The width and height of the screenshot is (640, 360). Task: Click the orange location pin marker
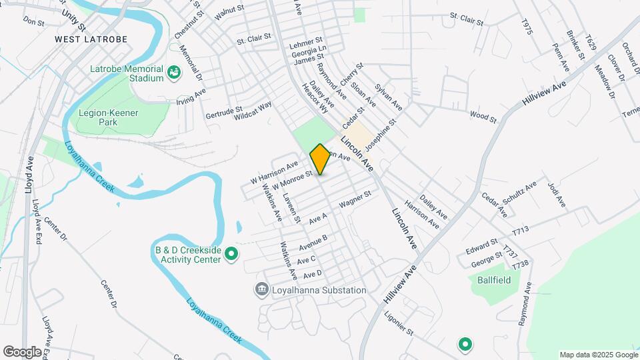coord(320,159)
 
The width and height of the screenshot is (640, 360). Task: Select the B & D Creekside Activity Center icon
coord(231,254)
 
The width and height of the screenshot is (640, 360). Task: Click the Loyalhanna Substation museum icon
coord(261,290)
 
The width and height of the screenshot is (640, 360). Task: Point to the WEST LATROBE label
coord(91,39)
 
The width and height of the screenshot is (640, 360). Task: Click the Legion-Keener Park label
coord(107,117)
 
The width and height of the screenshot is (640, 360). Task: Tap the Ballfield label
coord(494,280)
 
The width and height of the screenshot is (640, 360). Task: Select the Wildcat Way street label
coord(253,111)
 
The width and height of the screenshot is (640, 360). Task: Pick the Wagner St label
coord(354,199)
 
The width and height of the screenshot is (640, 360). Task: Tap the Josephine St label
coord(381,131)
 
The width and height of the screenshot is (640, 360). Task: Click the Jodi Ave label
coord(556,193)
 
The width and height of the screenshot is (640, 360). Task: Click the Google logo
coord(21,351)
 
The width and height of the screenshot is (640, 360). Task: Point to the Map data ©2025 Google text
coord(598,355)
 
